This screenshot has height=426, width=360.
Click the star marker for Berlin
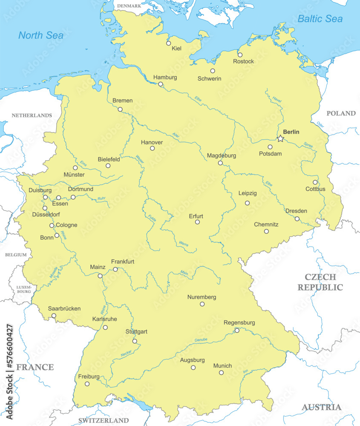click(280, 138)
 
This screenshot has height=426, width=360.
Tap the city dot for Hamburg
click(161, 84)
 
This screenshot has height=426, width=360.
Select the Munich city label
click(222, 366)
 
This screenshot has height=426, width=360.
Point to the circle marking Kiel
click(169, 43)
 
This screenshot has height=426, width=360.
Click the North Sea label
click(41, 35)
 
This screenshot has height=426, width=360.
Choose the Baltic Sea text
click(320, 19)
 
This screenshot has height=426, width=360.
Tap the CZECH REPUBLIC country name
click(320, 282)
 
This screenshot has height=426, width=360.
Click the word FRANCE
click(35, 367)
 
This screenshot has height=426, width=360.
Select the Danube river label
click(200, 340)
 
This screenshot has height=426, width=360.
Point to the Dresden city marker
click(297, 219)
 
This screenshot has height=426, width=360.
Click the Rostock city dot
click(240, 55)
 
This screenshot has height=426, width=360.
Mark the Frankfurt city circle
click(115, 269)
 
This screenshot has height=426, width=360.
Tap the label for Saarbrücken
click(64, 308)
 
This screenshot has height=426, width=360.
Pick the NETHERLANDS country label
click(32, 115)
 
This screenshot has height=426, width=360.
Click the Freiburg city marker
click(87, 384)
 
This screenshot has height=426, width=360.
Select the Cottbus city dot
click(315, 182)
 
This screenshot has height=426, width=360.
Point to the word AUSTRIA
click(322, 407)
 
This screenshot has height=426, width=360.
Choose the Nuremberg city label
click(202, 297)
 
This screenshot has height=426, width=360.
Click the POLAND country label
click(341, 113)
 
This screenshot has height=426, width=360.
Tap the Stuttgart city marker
click(135, 341)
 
